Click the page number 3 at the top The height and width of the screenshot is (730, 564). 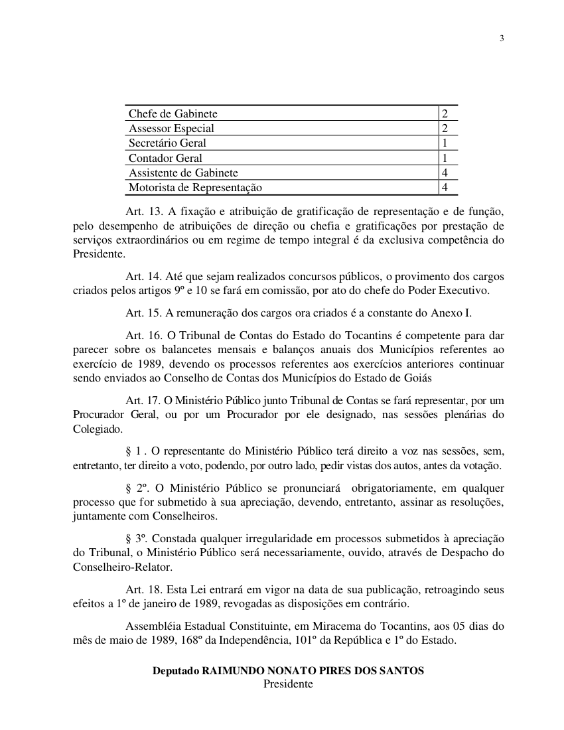click(502, 38)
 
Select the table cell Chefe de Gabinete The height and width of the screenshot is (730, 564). click(173, 113)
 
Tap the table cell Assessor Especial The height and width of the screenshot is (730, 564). click(171, 128)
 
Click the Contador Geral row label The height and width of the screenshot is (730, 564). click(165, 158)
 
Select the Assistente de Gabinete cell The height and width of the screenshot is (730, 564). click(183, 173)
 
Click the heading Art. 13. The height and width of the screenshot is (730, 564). click(144, 211)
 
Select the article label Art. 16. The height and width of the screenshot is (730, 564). click(144, 335)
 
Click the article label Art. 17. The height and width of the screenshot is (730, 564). click(144, 400)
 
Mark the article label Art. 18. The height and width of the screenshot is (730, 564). click(144, 589)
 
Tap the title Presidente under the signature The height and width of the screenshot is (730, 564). click(288, 684)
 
